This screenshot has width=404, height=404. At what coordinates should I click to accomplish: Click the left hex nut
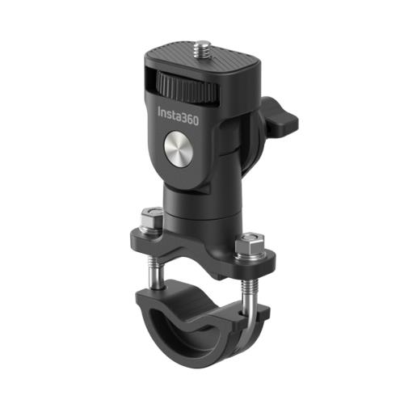pyautogui.click(x=149, y=221)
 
